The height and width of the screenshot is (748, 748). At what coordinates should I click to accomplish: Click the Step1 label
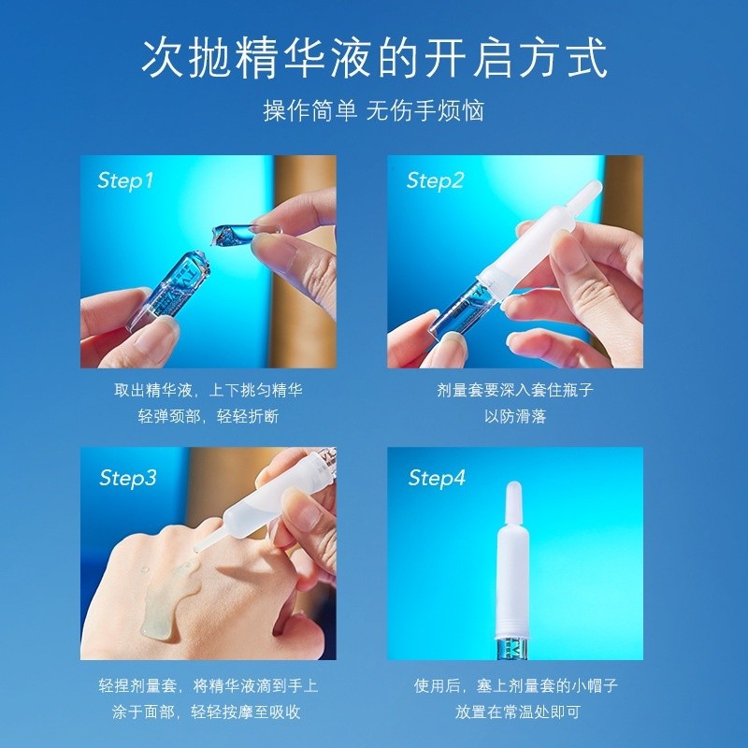[x=125, y=180]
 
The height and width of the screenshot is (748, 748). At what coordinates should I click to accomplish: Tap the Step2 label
[x=435, y=180]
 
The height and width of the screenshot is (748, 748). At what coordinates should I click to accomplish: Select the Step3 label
[x=128, y=478]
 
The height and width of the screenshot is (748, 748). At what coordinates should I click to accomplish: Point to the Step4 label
[x=437, y=478]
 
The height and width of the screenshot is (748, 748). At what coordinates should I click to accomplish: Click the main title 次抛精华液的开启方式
[x=374, y=58]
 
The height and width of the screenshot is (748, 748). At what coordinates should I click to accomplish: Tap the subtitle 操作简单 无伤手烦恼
[x=374, y=110]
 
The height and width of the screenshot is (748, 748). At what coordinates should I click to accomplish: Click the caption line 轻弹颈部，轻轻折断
[x=208, y=416]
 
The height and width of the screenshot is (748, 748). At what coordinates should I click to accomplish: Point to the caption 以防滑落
[x=515, y=416]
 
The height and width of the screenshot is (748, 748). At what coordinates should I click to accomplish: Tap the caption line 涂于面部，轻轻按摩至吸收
[x=206, y=712]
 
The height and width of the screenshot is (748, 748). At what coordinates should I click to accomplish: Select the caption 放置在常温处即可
[x=517, y=712]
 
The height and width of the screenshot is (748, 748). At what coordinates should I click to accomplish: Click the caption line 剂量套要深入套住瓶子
[x=515, y=390]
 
